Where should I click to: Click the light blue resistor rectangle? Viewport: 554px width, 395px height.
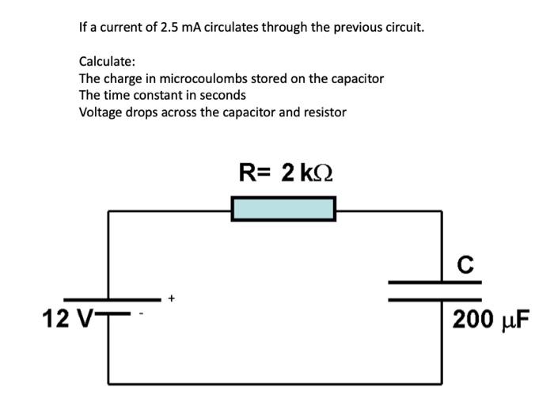click(x=283, y=209)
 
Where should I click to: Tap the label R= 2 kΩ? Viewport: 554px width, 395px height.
click(x=285, y=172)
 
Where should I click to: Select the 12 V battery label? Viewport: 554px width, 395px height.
click(x=66, y=319)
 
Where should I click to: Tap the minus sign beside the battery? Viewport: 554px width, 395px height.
click(x=143, y=315)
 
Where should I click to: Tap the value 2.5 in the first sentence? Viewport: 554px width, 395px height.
click(x=170, y=27)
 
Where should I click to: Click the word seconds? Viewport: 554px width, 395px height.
click(x=224, y=95)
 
